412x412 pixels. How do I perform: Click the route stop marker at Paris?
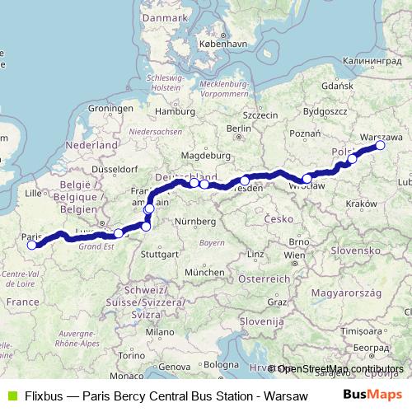click(x=31, y=245)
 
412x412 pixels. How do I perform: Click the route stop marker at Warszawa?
click(x=381, y=145)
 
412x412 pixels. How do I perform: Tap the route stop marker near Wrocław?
click(x=307, y=178)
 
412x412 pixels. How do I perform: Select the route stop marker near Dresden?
click(x=245, y=180)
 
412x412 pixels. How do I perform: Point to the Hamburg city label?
click(x=173, y=110)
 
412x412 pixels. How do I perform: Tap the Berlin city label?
click(x=238, y=129)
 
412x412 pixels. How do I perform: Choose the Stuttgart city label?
click(x=159, y=255)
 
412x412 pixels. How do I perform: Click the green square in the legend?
click(x=11, y=396)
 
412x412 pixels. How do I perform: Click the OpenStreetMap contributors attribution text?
click(x=341, y=368)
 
